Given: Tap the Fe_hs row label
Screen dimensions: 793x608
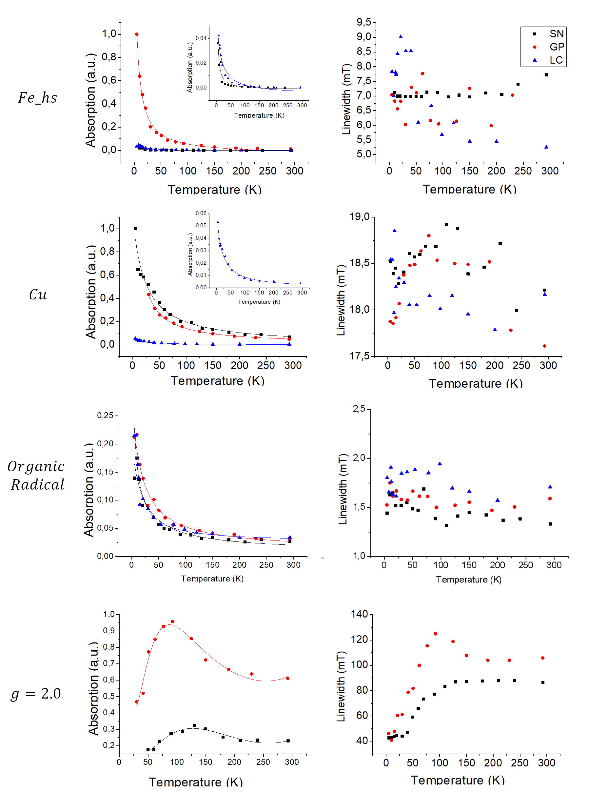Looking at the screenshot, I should point(38,98).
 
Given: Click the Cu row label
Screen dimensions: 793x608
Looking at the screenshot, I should point(38,295).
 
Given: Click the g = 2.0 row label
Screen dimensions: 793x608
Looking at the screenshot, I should point(36,694).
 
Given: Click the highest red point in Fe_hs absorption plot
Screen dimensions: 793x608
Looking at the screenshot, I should point(137,34).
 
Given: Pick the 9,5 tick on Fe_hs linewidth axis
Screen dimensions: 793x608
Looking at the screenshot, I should point(364,22).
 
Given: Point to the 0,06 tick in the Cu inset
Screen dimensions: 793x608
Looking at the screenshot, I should point(201,213).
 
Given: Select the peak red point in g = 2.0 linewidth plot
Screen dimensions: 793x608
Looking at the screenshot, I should point(435,634).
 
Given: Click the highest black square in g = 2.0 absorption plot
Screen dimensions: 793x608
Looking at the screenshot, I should point(194,726).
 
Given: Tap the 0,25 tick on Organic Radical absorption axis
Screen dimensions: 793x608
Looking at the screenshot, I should point(105,415).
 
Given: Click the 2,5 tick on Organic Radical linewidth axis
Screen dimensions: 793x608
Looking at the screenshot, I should point(359,409).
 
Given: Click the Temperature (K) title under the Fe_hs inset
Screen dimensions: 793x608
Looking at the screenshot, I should point(259,115).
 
